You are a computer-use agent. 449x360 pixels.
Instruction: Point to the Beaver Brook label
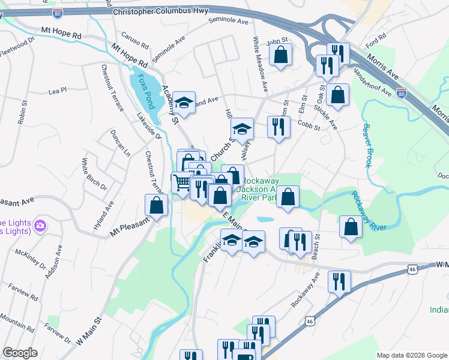pyautogui.click(x=367, y=145)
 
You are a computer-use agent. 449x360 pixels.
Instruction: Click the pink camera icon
pyautogui.click(x=41, y=226)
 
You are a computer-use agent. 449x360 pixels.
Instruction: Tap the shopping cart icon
pyautogui.click(x=181, y=182)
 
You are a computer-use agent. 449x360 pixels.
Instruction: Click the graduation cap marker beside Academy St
pyautogui.click(x=184, y=101)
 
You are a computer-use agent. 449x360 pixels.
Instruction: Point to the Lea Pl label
pyautogui.click(x=57, y=91)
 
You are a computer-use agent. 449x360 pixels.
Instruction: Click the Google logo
pyautogui.click(x=20, y=353)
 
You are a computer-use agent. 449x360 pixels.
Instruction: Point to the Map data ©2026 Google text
pyautogui.click(x=411, y=355)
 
